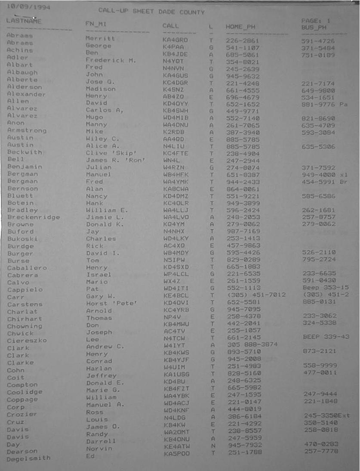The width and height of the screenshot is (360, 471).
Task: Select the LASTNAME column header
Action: point(24,21)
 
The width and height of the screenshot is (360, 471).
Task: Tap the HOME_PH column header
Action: point(240,27)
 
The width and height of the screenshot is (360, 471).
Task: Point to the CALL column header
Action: point(170,26)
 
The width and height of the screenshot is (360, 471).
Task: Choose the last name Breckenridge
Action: point(34,217)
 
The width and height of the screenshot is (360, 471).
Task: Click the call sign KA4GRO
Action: point(175,40)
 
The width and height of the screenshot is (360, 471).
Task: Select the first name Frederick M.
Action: point(111,60)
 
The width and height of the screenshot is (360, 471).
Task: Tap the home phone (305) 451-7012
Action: point(253,297)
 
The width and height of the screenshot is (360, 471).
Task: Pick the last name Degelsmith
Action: point(28,459)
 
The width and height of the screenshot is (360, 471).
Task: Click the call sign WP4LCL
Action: point(176,275)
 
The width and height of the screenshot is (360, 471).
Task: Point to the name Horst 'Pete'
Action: point(111,304)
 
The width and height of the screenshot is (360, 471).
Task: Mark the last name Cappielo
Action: point(25,290)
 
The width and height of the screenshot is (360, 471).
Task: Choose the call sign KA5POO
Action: point(176,453)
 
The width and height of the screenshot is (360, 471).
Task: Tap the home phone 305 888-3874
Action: point(252,344)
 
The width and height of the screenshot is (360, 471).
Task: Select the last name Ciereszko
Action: point(27,341)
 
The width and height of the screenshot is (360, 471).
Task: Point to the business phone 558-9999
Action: point(320,365)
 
